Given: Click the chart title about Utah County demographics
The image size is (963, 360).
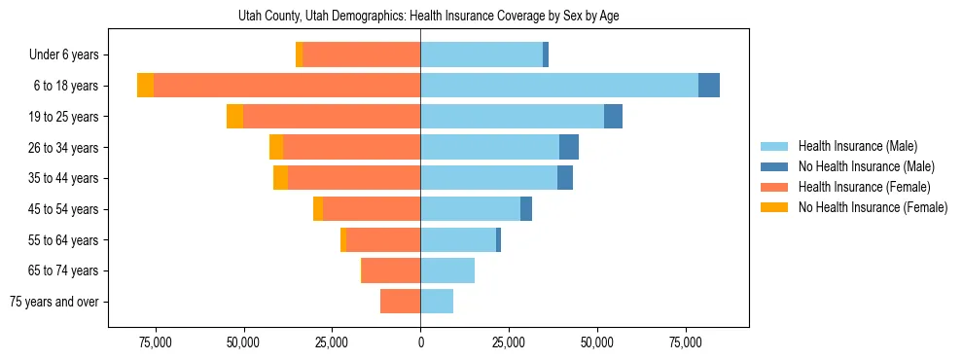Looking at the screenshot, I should pyautogui.click(x=429, y=16).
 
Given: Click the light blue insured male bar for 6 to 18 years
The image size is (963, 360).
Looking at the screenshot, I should pyautogui.click(x=559, y=86).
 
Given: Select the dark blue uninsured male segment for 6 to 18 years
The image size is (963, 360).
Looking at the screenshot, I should pyautogui.click(x=709, y=86).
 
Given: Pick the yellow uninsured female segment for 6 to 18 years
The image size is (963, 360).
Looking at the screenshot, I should pyautogui.click(x=145, y=86).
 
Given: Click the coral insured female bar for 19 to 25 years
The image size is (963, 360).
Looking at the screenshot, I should pyautogui.click(x=332, y=117).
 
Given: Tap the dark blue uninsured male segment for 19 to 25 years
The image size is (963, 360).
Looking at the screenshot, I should pyautogui.click(x=613, y=117).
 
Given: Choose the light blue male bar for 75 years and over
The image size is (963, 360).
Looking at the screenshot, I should pyautogui.click(x=437, y=302).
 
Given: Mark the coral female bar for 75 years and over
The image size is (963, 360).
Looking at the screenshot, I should pyautogui.click(x=401, y=302).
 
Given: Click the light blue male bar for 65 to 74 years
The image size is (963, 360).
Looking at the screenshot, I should pyautogui.click(x=447, y=270).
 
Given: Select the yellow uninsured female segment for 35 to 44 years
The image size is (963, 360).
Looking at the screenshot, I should pyautogui.click(x=280, y=178).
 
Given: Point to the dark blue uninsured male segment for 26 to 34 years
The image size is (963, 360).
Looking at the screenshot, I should pyautogui.click(x=569, y=147).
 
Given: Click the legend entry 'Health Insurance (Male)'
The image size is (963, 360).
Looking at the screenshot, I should pyautogui.click(x=857, y=146).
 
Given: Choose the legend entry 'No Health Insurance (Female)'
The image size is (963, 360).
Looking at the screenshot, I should pyautogui.click(x=872, y=207).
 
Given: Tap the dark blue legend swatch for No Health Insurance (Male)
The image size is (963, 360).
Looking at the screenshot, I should pyautogui.click(x=773, y=166).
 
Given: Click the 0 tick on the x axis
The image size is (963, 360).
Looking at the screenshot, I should pyautogui.click(x=420, y=342).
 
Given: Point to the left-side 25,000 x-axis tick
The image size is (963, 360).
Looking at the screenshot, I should pyautogui.click(x=332, y=342).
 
